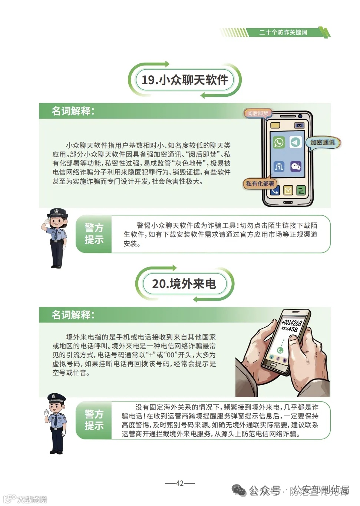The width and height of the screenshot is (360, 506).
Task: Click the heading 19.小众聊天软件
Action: tap(185, 80)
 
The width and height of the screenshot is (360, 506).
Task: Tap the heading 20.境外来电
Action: tap(184, 284)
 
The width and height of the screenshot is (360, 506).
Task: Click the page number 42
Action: tap(180, 483)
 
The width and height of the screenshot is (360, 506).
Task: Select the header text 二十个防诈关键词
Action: tap(283, 33)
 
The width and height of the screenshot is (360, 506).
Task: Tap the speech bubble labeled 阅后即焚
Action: tap(258, 113)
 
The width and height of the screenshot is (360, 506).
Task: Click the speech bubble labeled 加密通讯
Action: tap(322, 143)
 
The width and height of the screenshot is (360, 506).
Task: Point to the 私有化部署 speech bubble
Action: tap(260, 183)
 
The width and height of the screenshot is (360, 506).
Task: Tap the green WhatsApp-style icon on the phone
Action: tap(279, 142)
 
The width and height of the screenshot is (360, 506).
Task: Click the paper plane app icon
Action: tap(295, 142)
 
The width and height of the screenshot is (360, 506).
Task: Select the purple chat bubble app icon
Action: tap(295, 166)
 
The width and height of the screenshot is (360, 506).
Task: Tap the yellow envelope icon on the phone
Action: tap(288, 191)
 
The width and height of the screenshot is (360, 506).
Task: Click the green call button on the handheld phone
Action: tap(280, 350)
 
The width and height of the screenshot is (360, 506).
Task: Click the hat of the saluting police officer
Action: tap(57, 213)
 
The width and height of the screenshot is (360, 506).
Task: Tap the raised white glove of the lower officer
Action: tap(47, 413)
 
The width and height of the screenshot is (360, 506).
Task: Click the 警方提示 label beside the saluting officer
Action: tap(94, 234)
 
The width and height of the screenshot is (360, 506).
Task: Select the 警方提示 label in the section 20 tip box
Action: tap(94, 420)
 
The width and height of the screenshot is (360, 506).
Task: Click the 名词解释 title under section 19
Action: tap(73, 111)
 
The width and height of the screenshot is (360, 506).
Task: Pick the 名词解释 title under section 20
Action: tap(73, 315)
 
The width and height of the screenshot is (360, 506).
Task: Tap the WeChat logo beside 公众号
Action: tap(239, 490)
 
